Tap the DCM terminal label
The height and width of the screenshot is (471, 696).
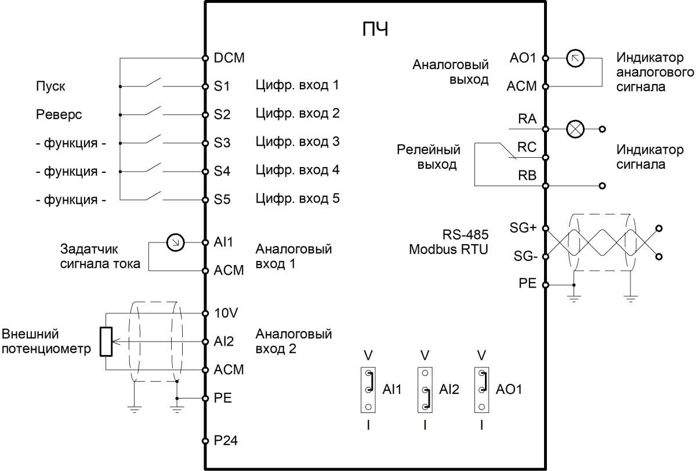229,58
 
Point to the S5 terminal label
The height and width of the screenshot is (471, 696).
223,200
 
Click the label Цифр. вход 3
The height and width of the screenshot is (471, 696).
297,142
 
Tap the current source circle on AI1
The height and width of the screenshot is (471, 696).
175,242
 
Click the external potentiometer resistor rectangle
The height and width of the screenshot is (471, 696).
106,341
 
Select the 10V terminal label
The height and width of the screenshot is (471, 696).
226,313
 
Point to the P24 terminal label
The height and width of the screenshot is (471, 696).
226,441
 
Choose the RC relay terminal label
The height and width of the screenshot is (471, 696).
527,148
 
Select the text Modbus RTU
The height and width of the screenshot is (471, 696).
449,249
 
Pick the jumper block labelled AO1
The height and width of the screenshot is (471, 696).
481,389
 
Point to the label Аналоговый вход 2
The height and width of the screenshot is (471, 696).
293,341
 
